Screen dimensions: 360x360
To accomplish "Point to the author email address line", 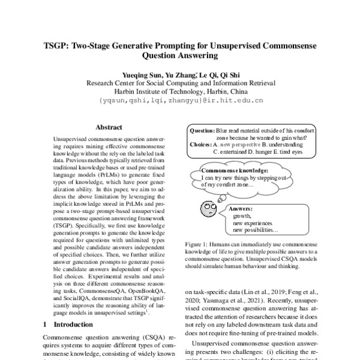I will (x=180, y=101).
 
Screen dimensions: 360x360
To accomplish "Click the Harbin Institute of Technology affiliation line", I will (x=180, y=92).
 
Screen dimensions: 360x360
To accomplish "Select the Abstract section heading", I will (x=109, y=128).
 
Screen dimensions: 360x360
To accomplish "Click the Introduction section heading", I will (x=71, y=323).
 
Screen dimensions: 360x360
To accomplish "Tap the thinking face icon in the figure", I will (x=206, y=209).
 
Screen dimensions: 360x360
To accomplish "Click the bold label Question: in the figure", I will (x=202, y=130).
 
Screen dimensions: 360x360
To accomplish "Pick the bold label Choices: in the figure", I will (x=201, y=145).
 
